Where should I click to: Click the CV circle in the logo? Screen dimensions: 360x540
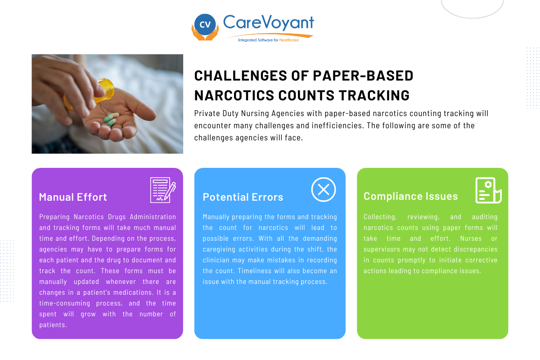pos(205,25)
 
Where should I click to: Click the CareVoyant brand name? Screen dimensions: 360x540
pos(269,22)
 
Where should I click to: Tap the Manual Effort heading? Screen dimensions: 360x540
pos(73,197)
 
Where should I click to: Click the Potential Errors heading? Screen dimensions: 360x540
pos(243,197)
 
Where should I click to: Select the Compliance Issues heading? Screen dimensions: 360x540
pos(410,196)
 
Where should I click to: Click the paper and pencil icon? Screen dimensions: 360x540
pos(162,190)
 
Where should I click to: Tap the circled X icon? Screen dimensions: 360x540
pos(324,189)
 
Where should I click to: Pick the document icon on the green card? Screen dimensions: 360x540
pos(488,190)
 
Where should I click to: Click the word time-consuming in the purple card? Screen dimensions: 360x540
pos(67,303)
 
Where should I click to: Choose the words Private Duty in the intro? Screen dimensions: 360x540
pos(217,113)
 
